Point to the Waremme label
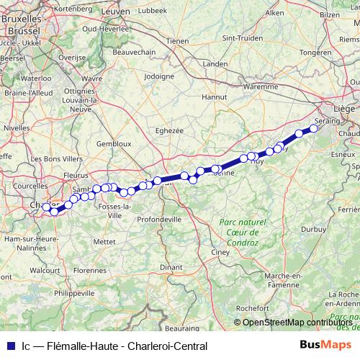pos(261,86)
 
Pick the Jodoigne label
pos(159,76)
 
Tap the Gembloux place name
pos(113,143)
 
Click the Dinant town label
pos(171,266)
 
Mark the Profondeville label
pos(158,219)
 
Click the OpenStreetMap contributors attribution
pos(297,322)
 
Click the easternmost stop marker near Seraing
pos(313,130)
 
